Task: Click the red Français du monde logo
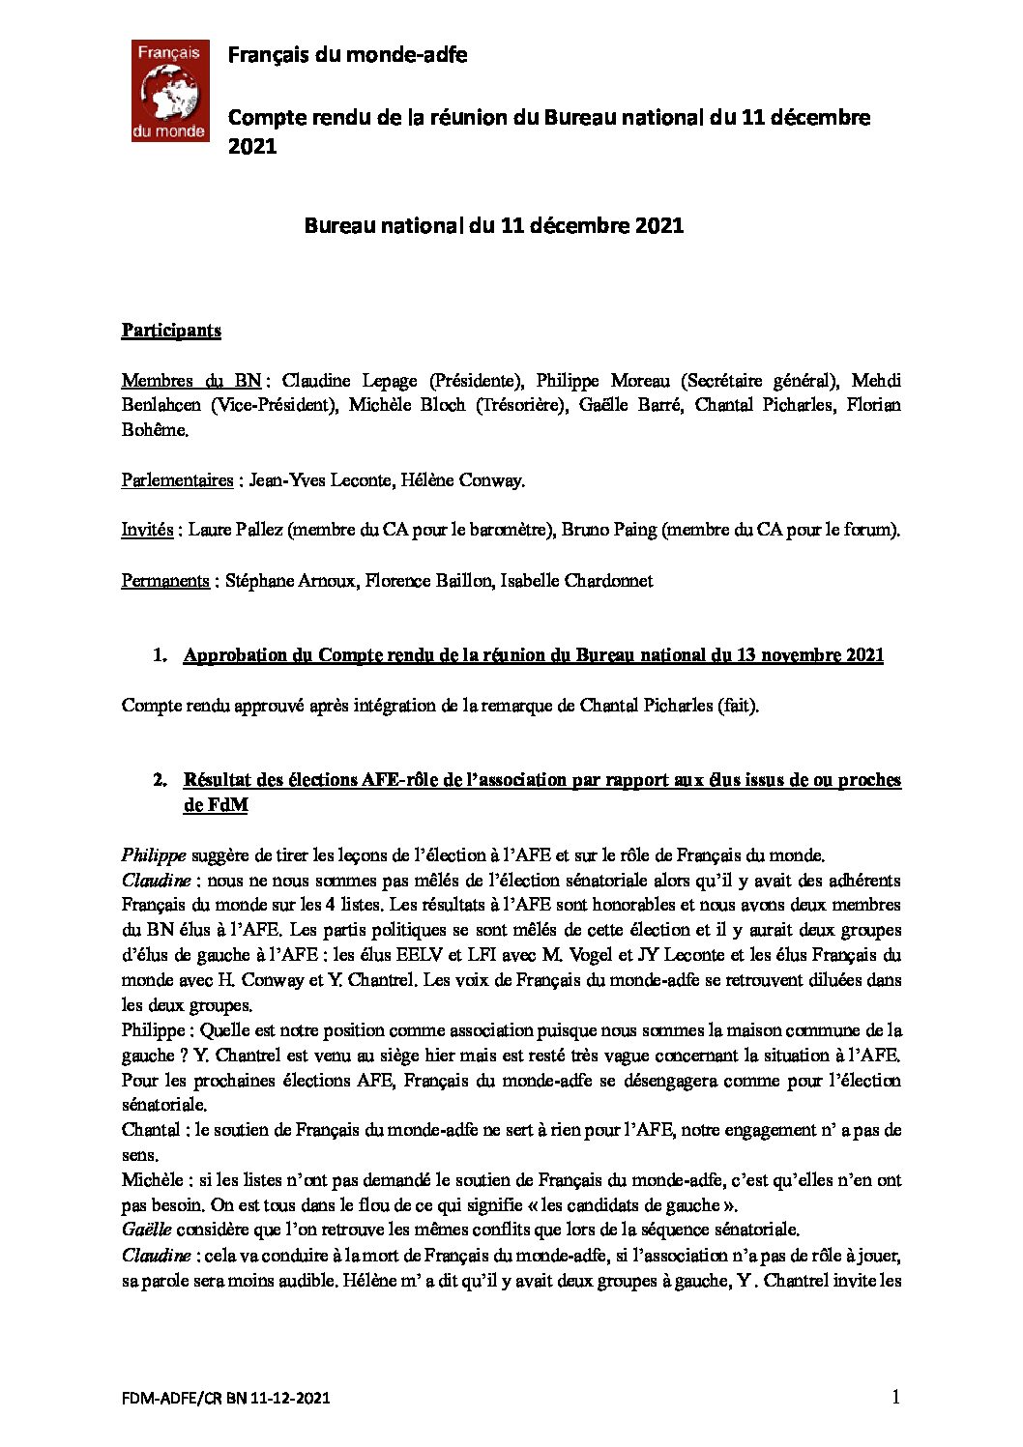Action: tap(170, 92)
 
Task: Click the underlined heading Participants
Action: tap(171, 331)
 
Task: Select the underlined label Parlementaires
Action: tap(177, 480)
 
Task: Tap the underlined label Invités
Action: tap(147, 530)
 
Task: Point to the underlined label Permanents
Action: tap(165, 581)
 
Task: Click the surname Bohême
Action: tap(154, 430)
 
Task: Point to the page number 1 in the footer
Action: tap(895, 1396)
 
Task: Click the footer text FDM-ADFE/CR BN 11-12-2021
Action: tap(226, 1398)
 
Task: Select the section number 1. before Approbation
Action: tap(160, 655)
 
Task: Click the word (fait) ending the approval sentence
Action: tap(738, 706)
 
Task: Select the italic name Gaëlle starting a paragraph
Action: tap(146, 1230)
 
